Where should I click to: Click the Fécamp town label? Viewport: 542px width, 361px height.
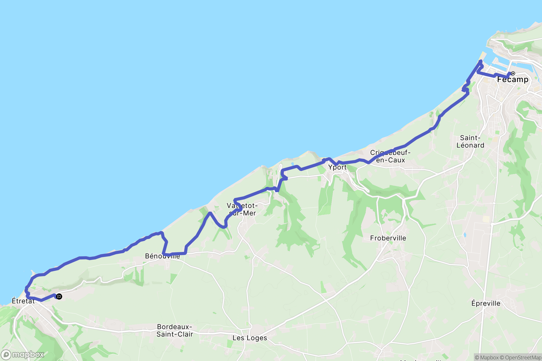513,80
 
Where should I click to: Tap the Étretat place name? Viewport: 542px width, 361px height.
23,301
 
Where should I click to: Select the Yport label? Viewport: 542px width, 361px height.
337,167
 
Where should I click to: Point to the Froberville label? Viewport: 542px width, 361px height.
388,238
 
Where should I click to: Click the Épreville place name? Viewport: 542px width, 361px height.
486,303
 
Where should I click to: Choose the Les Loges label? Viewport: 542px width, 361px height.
250,338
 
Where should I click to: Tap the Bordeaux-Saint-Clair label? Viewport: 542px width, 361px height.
175,331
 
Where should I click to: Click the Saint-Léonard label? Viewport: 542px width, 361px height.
470,142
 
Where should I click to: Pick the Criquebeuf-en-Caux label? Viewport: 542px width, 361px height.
390,156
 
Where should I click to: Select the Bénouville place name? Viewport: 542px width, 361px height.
162,256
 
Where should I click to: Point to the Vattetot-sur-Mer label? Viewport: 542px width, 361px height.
242,209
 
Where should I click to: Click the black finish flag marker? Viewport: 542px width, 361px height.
59,297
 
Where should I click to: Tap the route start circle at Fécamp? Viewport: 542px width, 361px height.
513,73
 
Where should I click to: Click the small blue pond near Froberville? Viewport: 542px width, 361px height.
465,235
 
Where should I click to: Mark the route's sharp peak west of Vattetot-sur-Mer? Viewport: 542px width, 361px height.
210,213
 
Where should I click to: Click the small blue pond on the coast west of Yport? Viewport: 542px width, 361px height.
292,164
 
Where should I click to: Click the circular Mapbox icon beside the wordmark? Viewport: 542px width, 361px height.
6,355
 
